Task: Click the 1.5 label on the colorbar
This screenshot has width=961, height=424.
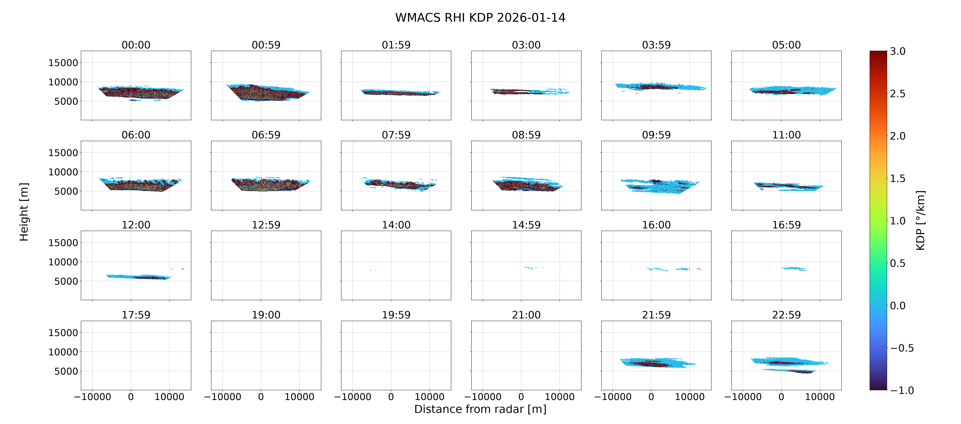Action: coord(897,178)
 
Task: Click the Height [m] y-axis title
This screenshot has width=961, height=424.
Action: coord(24,212)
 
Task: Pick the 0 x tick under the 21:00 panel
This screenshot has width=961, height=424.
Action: coord(521,397)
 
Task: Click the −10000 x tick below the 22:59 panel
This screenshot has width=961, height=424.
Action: coord(743,397)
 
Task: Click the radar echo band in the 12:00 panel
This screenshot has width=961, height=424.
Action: coord(139,277)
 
